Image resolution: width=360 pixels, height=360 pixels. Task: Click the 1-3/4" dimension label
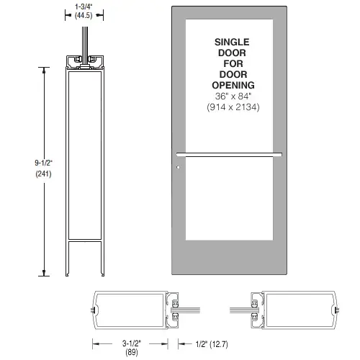(88, 6)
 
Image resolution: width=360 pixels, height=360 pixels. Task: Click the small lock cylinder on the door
(178, 171)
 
